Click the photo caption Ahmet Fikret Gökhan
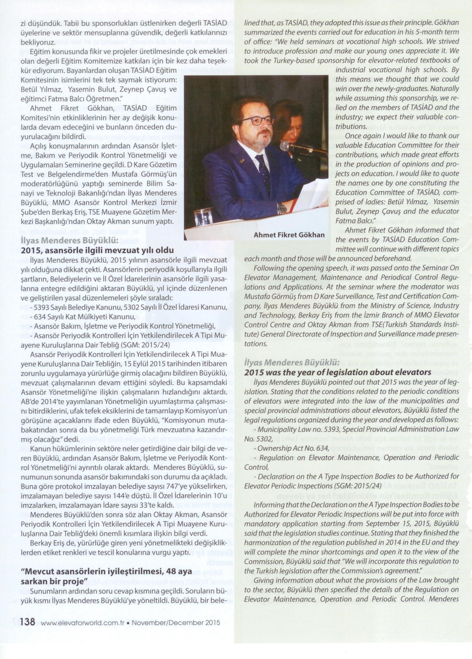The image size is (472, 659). [289, 235]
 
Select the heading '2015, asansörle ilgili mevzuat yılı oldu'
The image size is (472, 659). [97, 250]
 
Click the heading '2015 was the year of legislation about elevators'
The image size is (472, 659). [337, 372]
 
